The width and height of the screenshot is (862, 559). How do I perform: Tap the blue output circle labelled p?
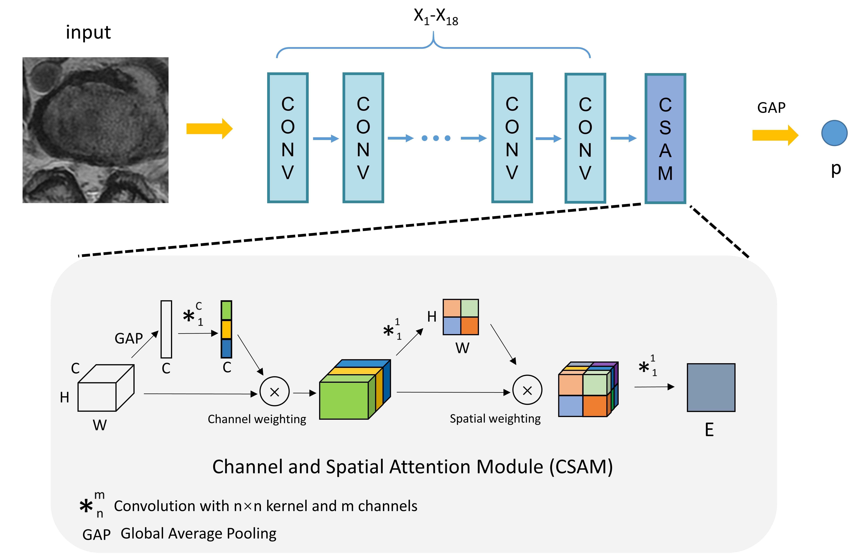pos(834,133)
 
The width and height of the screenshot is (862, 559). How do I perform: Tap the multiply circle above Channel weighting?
pos(275,392)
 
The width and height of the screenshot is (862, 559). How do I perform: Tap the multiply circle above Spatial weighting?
pos(527,390)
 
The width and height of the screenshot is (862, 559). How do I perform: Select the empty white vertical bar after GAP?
pos(166,329)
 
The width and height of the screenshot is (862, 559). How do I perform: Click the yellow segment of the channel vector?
pos(226,329)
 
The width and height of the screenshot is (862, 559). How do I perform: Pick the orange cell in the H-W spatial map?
pos(469,326)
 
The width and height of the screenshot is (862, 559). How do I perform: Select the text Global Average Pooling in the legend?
pos(199,533)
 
